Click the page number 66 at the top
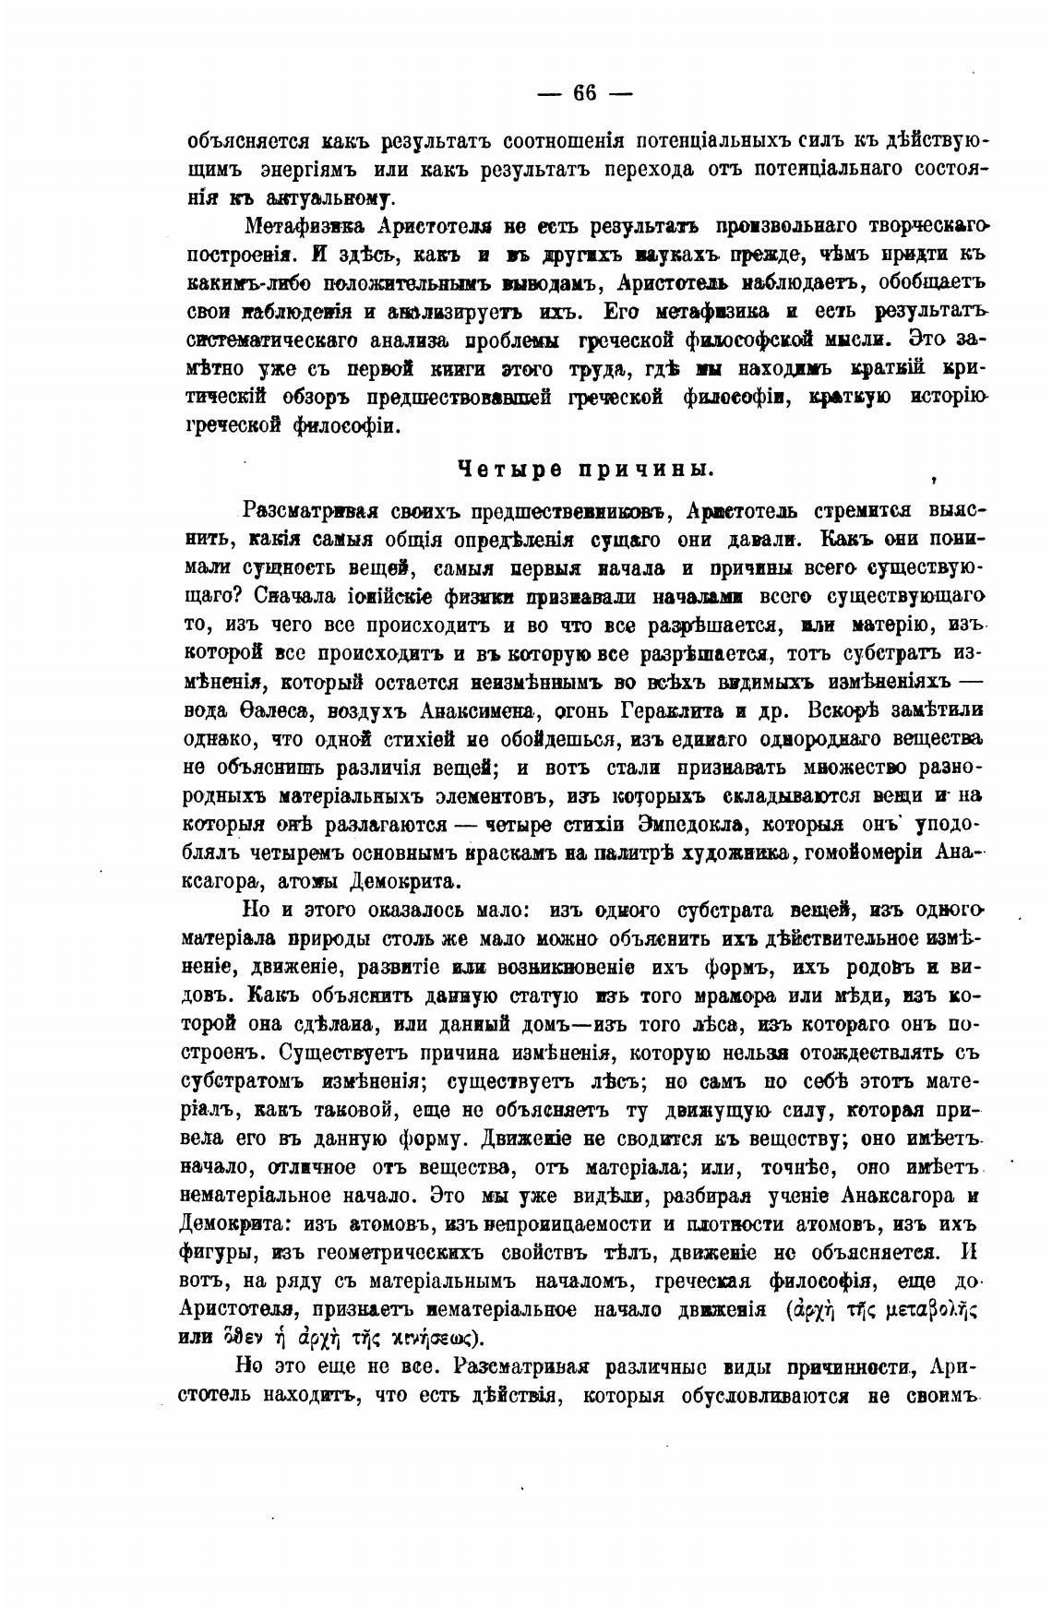585,93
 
